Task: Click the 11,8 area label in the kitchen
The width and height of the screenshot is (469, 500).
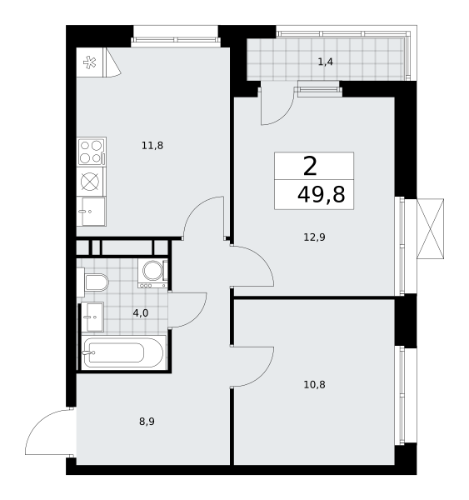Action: (x=152, y=146)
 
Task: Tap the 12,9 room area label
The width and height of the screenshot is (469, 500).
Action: (x=314, y=237)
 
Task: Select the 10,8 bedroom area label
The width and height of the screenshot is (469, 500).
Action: (x=314, y=385)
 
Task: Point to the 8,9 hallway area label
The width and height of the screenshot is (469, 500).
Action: (x=147, y=422)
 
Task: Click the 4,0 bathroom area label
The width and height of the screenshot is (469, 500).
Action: (x=141, y=313)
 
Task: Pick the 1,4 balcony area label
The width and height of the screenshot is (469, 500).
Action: (x=326, y=62)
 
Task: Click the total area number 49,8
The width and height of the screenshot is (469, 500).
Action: (x=321, y=195)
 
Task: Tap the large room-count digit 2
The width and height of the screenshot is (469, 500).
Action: (x=310, y=167)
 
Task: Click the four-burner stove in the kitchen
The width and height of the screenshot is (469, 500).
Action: (x=92, y=152)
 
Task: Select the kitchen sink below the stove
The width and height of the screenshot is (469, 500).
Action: (x=91, y=212)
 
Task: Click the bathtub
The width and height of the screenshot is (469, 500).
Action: (x=124, y=352)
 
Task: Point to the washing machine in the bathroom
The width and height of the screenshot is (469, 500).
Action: (x=152, y=273)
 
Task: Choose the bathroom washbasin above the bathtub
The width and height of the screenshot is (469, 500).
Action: (x=92, y=317)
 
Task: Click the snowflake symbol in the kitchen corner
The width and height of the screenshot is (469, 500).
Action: (x=90, y=62)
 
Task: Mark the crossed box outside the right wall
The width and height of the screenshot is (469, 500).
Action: (x=430, y=228)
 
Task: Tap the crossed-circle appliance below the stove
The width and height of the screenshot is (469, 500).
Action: (x=90, y=182)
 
